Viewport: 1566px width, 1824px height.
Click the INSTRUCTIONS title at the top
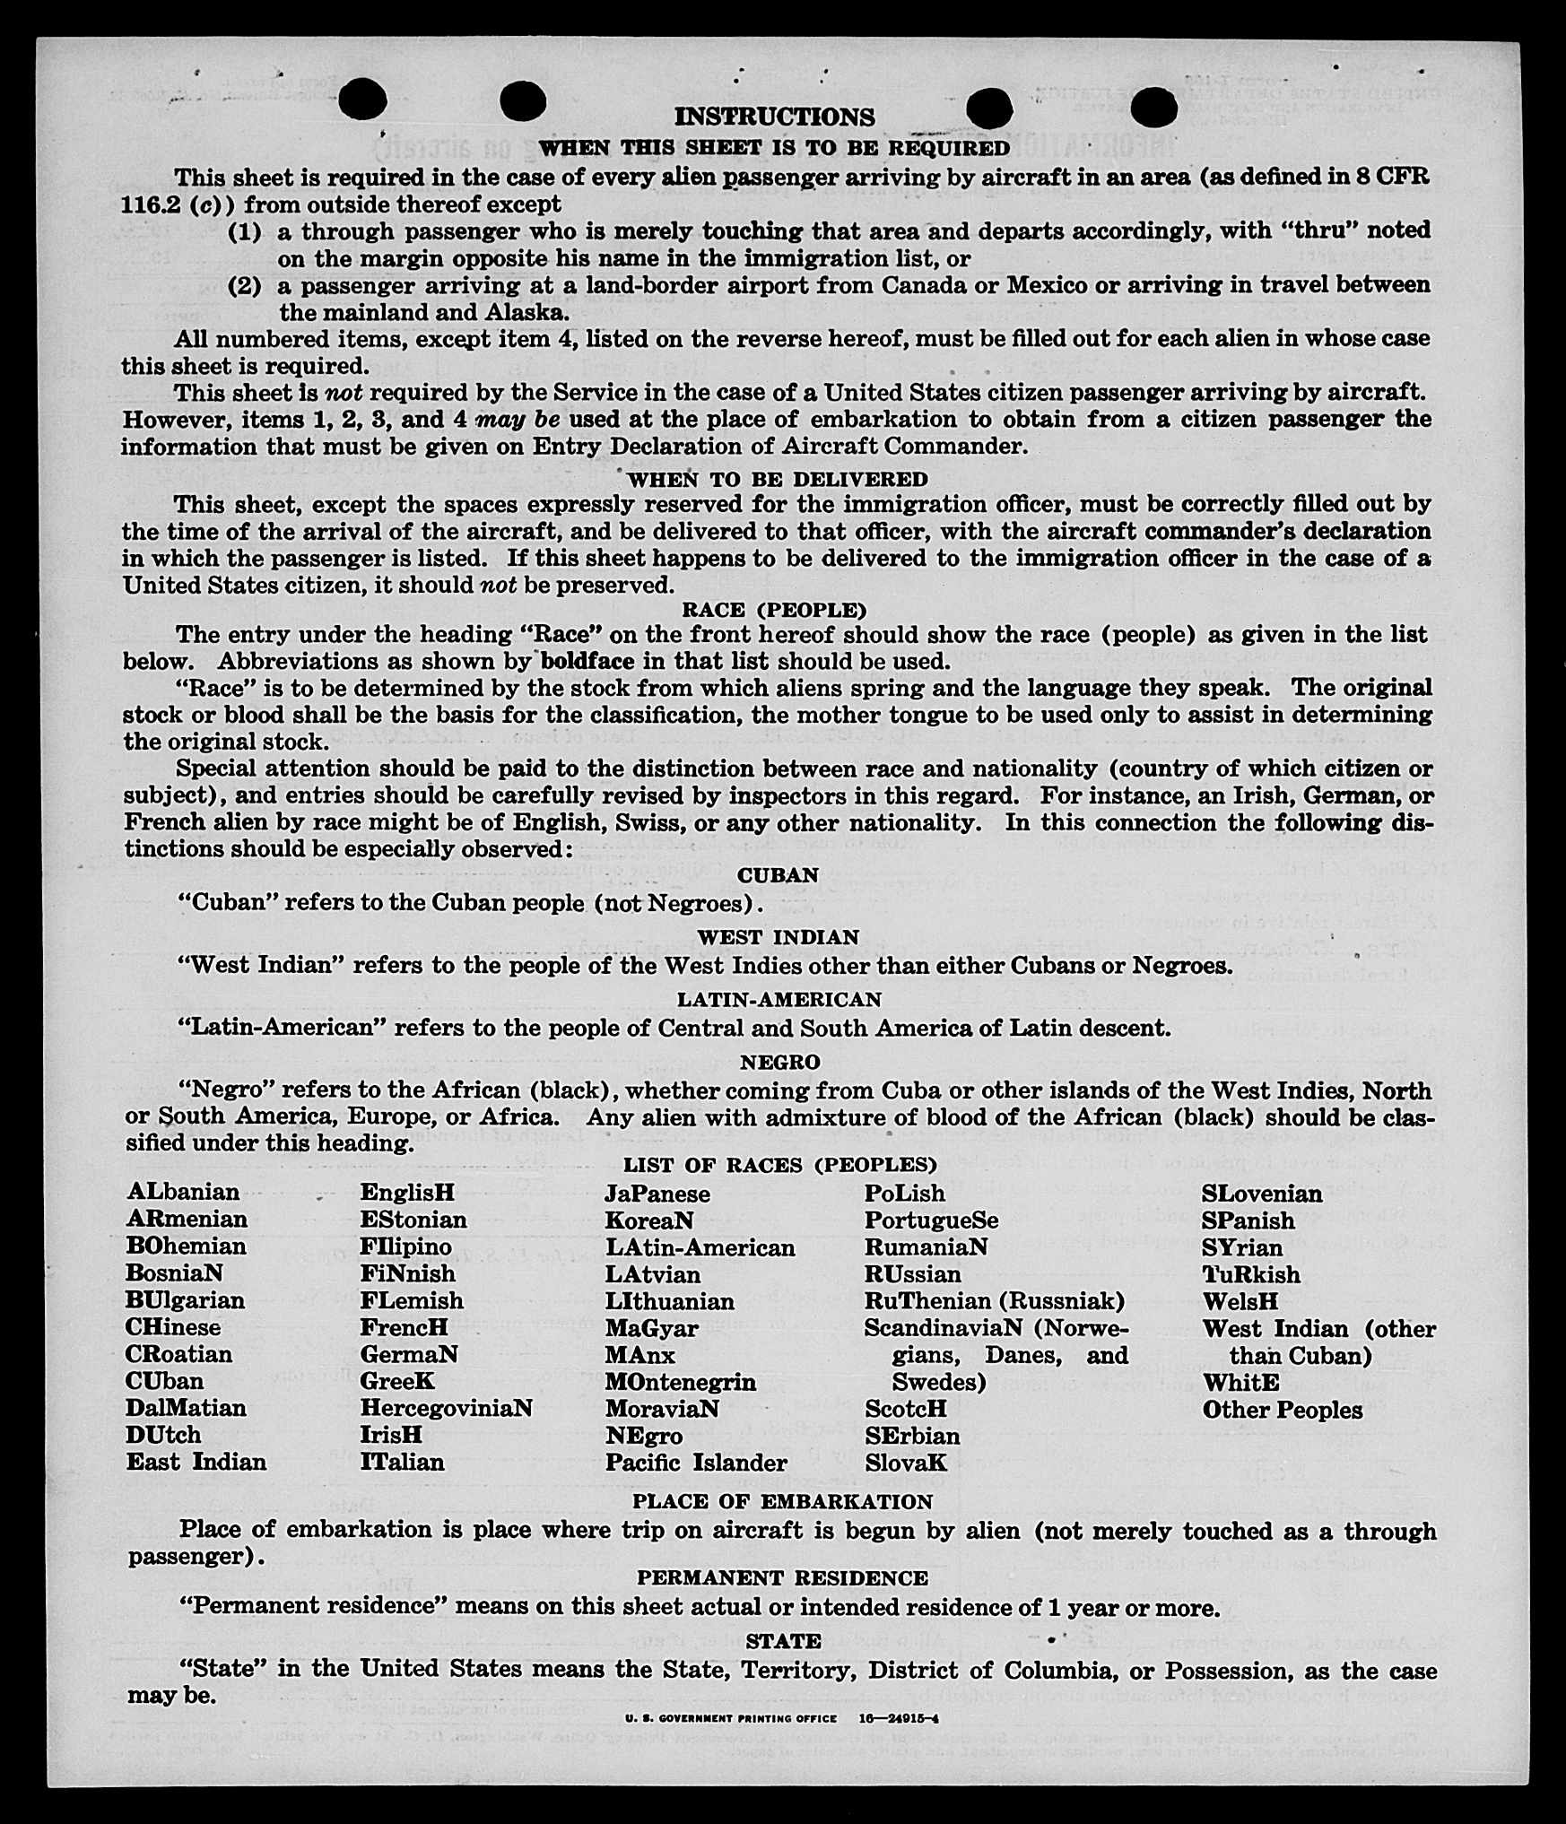pos(774,117)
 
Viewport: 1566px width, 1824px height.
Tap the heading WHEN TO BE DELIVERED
pos(777,480)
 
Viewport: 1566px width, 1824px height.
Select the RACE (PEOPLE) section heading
pos(774,611)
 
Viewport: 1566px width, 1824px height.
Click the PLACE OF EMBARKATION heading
pos(782,1501)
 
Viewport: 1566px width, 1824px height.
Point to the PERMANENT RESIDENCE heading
pos(782,1577)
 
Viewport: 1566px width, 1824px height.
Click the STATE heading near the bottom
pos(783,1641)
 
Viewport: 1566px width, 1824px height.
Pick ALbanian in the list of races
pos(183,1192)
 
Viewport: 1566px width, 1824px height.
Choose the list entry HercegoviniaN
pos(446,1408)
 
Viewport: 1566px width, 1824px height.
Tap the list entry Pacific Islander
pos(695,1463)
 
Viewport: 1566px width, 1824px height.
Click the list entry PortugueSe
pos(930,1220)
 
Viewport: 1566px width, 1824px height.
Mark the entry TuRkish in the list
pos(1250,1274)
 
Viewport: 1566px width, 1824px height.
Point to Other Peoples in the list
pos(1282,1410)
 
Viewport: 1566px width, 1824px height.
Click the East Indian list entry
pos(196,1462)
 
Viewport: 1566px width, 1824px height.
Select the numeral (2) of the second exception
pos(244,286)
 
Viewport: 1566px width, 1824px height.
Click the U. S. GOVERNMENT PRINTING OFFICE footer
pos(731,1719)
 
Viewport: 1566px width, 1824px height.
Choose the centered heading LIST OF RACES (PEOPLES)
pos(779,1165)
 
